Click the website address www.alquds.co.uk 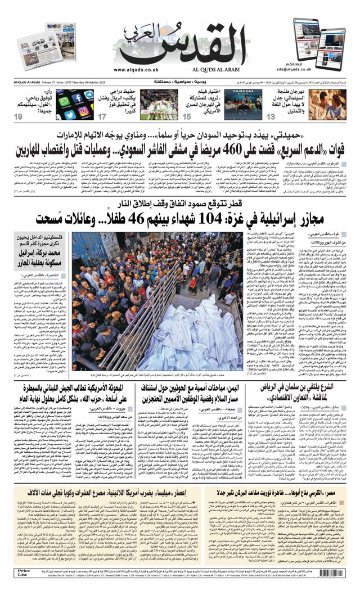click(136, 70)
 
